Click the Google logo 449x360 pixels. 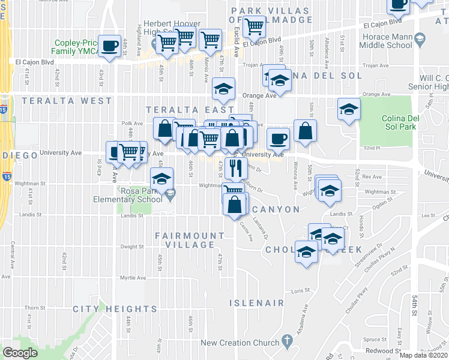[x=20, y=353]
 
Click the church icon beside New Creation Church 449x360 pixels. [x=288, y=342]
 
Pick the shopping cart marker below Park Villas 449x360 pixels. [x=255, y=27]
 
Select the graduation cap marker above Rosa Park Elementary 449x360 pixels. [x=160, y=178]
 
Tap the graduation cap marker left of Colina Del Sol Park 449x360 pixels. [x=348, y=109]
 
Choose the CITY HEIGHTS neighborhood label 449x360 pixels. [x=115, y=309]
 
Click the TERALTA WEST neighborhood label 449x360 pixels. [x=67, y=101]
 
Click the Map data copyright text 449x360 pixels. [x=424, y=355]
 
